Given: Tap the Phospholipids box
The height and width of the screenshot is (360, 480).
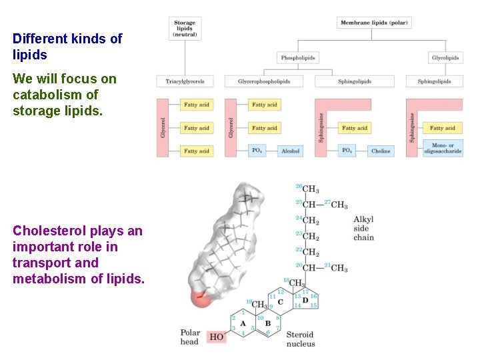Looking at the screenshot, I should pos(297,58).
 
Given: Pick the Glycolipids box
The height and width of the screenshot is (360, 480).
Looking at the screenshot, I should pos(445,58).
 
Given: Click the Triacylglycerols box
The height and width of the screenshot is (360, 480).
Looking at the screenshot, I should pos(185,81).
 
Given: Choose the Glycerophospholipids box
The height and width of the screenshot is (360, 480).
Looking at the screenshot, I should pos(263,81).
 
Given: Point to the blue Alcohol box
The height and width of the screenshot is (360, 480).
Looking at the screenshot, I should pos(290,151).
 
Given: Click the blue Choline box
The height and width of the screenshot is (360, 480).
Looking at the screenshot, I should pos(381,151).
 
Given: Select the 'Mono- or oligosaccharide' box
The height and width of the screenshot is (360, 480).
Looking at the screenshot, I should pos(443,148).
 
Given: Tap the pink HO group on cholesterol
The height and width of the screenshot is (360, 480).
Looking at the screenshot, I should pos(217,337).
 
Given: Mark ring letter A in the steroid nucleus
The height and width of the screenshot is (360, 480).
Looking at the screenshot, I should pos(243,323).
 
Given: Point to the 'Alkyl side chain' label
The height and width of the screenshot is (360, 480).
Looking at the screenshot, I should pos(363,228).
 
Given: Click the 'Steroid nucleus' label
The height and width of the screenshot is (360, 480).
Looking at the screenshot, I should pos(301,339).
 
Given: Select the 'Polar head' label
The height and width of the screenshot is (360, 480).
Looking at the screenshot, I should pos(190,337).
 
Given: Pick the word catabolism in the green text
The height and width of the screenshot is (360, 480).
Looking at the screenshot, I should pos(47,95).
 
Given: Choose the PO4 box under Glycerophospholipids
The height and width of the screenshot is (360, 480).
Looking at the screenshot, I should pos(257,151).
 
